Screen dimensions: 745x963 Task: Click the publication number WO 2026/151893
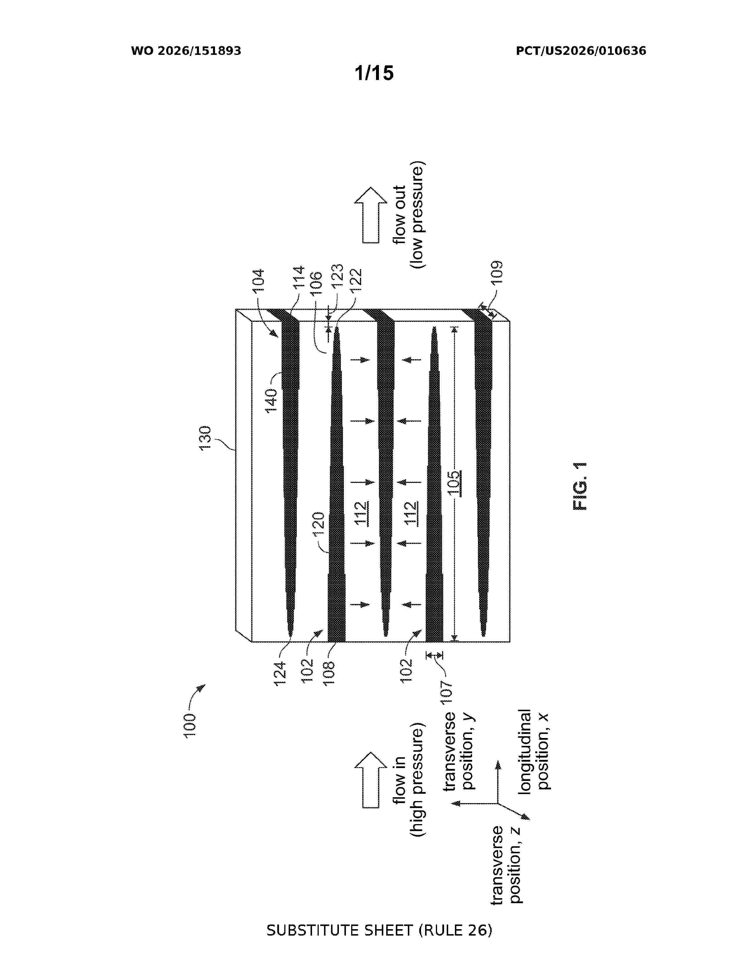click(186, 51)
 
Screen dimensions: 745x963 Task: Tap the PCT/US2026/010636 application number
click(581, 51)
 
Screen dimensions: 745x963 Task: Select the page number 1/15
click(374, 73)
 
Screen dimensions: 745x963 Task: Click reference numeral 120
click(318, 524)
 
